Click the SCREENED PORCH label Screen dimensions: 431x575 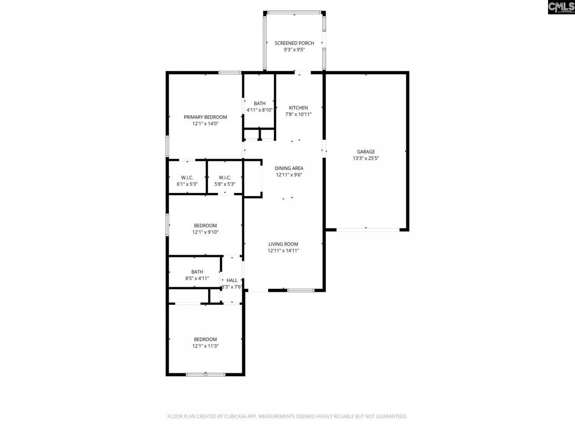tap(294, 43)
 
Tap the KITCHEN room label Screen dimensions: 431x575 tap(298, 108)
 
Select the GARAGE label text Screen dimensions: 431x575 tap(366, 152)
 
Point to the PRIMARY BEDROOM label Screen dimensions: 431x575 tap(205, 117)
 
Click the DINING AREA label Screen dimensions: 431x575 tap(289, 168)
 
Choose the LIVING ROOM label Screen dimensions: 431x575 tap(283, 244)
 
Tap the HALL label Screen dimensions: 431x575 tap(232, 280)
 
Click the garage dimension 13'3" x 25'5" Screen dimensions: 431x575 tap(366, 158)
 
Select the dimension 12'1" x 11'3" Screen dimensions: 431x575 tap(205, 346)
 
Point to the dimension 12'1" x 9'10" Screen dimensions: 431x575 tap(205, 232)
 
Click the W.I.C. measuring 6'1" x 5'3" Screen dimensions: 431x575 tap(187, 177)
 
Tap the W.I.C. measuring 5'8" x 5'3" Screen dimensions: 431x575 tap(225, 177)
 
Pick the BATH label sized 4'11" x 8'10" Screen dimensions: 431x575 tap(259, 104)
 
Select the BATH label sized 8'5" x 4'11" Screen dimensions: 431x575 tap(197, 272)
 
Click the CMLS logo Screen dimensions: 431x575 tap(561, 7)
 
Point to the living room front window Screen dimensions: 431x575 tap(301, 290)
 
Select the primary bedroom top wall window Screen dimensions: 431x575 tap(229, 72)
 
